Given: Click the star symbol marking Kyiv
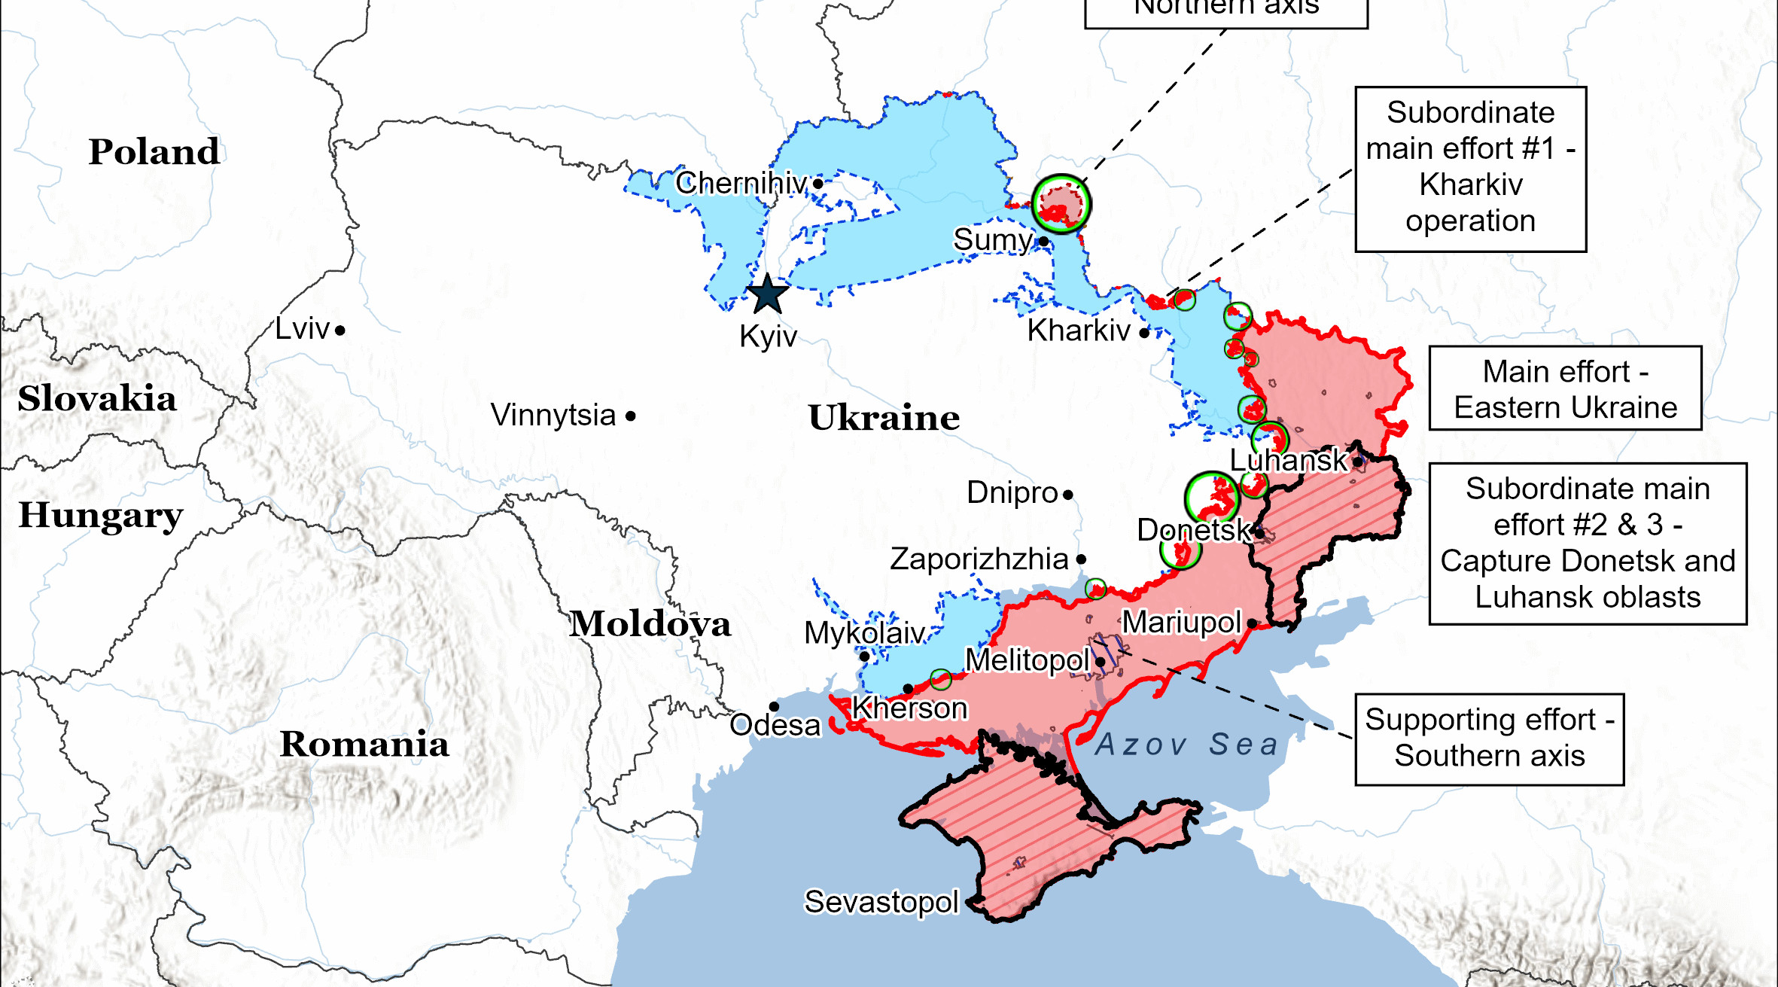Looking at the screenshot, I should click(767, 294).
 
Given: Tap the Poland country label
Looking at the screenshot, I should click(154, 151).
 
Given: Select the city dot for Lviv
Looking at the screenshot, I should click(340, 331).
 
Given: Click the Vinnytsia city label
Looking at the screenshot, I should click(553, 415).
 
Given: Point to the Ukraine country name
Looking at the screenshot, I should click(884, 417).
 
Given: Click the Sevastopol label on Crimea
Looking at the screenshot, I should click(881, 901).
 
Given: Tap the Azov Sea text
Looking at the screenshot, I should click(1186, 744).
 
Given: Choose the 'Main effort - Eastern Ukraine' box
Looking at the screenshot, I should click(1564, 388).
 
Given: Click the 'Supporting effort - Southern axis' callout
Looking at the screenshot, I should click(1489, 739).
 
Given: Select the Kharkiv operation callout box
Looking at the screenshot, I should click(1470, 169).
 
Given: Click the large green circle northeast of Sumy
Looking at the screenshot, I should click(1061, 204).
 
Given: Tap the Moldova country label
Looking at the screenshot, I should click(650, 624).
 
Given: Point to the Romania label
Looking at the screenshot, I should click(364, 744).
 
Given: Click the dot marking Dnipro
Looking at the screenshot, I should click(1067, 495).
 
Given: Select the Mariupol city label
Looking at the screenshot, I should click(1181, 622).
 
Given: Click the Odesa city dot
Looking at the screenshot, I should click(774, 706).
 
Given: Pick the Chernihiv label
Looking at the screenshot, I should click(741, 182).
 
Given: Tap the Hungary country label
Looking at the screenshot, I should click(100, 515).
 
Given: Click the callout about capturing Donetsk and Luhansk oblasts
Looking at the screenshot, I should click(1587, 543).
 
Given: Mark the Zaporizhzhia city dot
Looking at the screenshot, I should click(1081, 559).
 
